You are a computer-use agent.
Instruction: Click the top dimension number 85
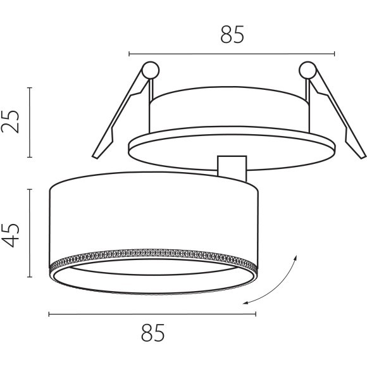[x=232, y=35]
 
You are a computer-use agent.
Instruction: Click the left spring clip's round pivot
[x=151, y=69]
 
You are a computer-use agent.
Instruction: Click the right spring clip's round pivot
[x=308, y=69]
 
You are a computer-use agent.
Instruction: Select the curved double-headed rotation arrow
[x=278, y=282]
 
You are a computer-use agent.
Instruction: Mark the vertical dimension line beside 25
[x=30, y=122]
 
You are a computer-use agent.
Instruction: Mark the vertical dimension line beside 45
[x=30, y=232]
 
